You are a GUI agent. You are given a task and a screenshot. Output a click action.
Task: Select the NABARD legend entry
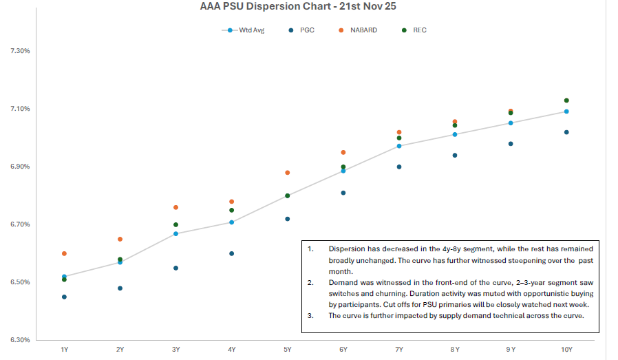point(361,30)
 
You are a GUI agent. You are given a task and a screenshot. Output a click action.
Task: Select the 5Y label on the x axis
point(288,350)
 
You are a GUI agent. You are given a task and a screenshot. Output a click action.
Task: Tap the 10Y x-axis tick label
point(566,350)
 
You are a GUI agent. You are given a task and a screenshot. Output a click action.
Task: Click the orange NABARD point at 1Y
point(64,253)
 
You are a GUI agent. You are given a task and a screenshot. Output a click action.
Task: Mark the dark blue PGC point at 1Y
point(64,297)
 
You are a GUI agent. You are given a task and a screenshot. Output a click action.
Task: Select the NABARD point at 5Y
point(288,172)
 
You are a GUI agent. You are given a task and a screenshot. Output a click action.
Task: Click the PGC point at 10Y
point(566,132)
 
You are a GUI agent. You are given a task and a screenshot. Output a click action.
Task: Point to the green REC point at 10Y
point(566,100)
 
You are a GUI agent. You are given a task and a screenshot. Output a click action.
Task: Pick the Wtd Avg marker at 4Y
point(232,222)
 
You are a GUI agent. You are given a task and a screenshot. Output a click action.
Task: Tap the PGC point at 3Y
point(176,268)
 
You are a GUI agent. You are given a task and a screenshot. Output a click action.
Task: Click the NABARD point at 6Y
point(343,152)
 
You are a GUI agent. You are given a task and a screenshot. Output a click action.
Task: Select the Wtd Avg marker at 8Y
point(455,134)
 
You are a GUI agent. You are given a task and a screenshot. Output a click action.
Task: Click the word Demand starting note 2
point(343,283)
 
